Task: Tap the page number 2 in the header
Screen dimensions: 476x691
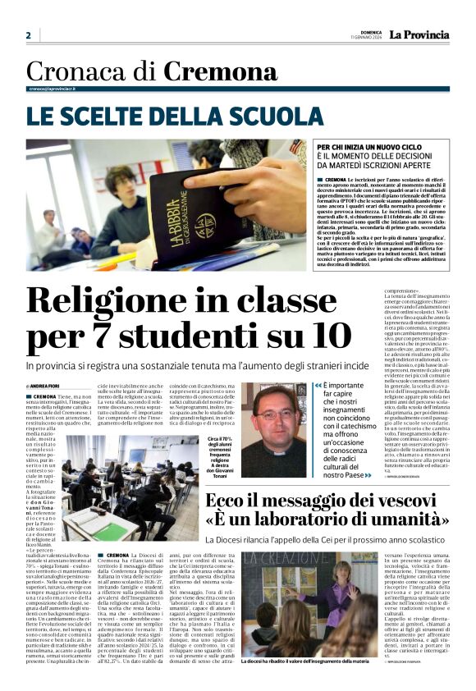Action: (x=28, y=35)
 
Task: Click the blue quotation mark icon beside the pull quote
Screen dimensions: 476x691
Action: (x=318, y=385)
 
